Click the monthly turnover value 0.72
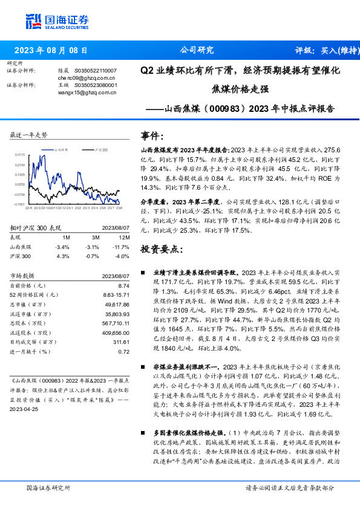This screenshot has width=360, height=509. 124,351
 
